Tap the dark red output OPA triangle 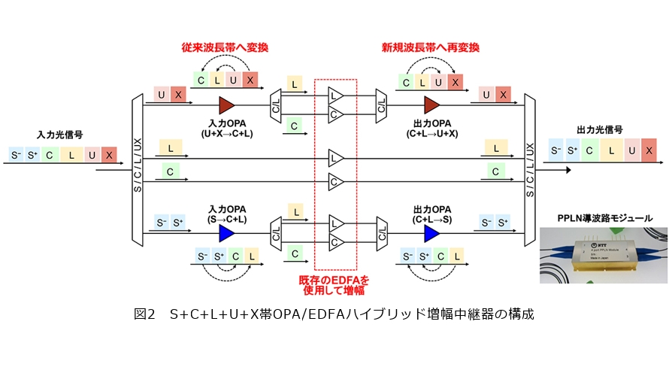[x=431, y=104]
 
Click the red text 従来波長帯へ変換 [x=225, y=47]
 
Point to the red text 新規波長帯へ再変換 [x=431, y=47]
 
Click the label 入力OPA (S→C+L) [x=226, y=213]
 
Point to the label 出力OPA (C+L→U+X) [x=431, y=128]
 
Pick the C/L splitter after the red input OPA [x=274, y=104]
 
